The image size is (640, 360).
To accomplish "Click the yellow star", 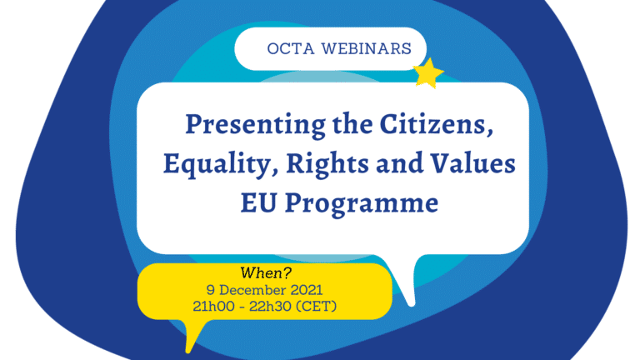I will [x=429, y=73].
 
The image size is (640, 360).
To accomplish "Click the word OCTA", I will [x=288, y=48].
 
